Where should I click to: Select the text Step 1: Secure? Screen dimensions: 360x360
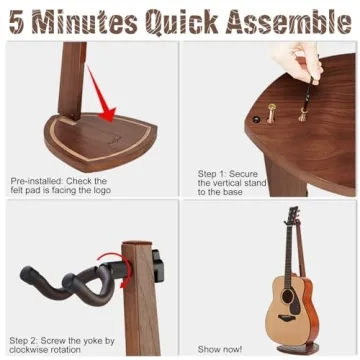click(x=227, y=173)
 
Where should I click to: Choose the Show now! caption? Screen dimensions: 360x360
click(x=221, y=348)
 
